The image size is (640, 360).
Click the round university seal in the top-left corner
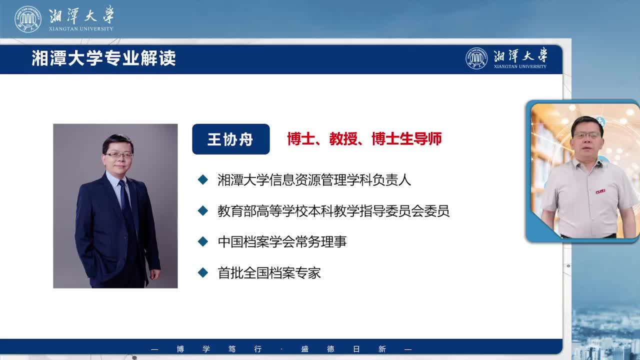28,19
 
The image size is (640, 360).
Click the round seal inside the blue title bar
476,58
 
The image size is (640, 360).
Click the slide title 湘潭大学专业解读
103,58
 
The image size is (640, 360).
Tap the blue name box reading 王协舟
231,139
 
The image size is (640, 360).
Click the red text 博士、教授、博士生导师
364,139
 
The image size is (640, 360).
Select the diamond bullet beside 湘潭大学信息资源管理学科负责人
203,179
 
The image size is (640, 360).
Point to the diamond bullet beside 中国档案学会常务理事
203,241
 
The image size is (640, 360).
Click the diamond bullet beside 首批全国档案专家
203,272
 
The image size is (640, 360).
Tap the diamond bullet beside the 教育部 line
203,211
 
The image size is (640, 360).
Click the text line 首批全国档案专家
269,273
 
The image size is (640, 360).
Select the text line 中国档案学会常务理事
282,241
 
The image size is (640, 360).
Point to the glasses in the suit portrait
119,155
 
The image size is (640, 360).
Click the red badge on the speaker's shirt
600,191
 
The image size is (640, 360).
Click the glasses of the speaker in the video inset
587,135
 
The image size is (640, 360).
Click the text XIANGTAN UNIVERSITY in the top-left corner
81,29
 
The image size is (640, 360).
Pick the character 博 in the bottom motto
180,349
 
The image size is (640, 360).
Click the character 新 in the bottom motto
382,349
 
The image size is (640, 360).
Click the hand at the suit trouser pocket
154,274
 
